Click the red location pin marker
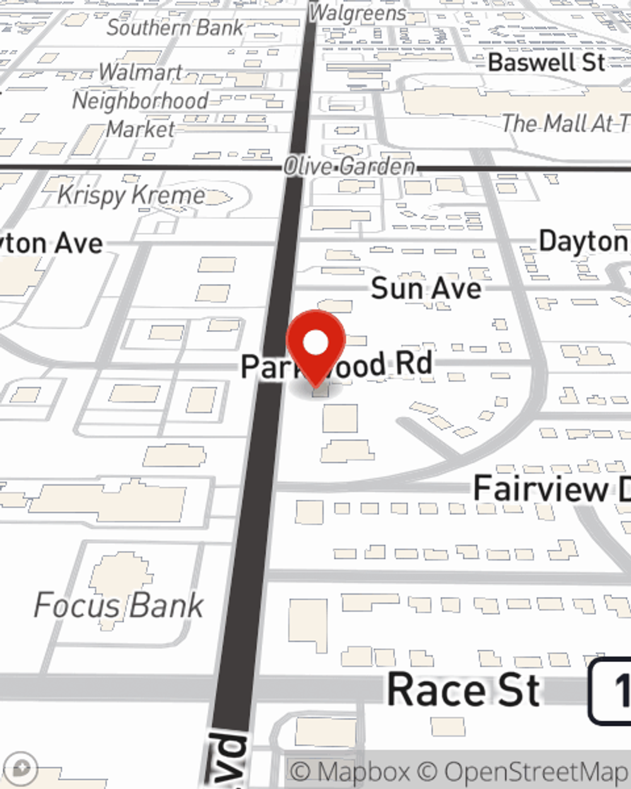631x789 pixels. click(x=316, y=345)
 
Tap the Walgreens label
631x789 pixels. click(x=358, y=13)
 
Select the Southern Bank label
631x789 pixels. click(x=175, y=28)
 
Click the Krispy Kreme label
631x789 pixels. click(x=131, y=195)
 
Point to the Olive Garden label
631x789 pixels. click(x=349, y=167)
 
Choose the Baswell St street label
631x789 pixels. click(x=546, y=62)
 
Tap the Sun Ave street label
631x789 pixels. click(x=426, y=288)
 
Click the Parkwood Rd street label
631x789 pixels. click(x=337, y=365)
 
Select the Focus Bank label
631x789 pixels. click(x=119, y=605)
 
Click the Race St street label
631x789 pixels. click(x=464, y=690)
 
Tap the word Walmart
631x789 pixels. click(x=141, y=73)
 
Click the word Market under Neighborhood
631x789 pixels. click(x=140, y=129)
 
